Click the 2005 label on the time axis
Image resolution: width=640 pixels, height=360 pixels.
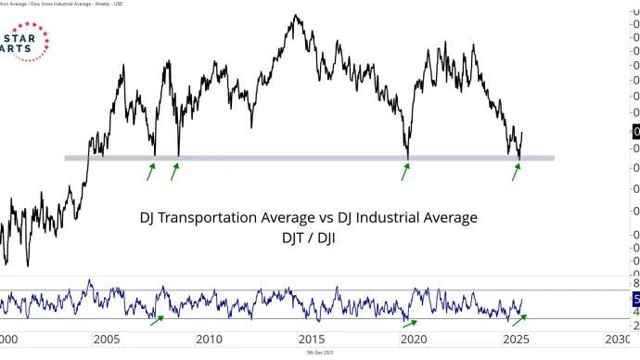(x=106, y=339)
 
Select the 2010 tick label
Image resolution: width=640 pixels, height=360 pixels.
(x=209, y=339)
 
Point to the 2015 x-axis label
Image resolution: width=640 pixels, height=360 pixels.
(x=311, y=339)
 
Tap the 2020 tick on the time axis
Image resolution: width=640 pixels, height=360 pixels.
(x=413, y=339)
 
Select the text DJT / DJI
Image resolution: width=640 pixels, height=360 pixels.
(x=308, y=238)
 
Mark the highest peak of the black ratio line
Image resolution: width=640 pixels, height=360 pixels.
(x=296, y=15)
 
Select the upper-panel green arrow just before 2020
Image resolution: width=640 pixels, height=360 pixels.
(x=404, y=172)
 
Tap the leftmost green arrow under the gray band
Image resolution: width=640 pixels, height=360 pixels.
(x=151, y=172)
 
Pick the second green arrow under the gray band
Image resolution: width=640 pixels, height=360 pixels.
(x=174, y=172)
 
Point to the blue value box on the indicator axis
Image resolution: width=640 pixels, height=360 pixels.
(x=635, y=299)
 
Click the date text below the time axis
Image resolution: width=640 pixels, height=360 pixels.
(x=320, y=354)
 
